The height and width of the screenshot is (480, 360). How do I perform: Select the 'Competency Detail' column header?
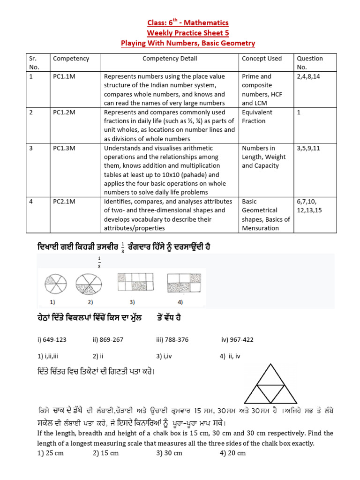coord(170,59)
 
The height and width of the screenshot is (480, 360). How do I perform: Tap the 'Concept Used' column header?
coord(262,59)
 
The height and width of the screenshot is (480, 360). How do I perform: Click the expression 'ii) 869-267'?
coord(108,339)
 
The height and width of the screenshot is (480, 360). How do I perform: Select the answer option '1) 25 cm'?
coord(51,453)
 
